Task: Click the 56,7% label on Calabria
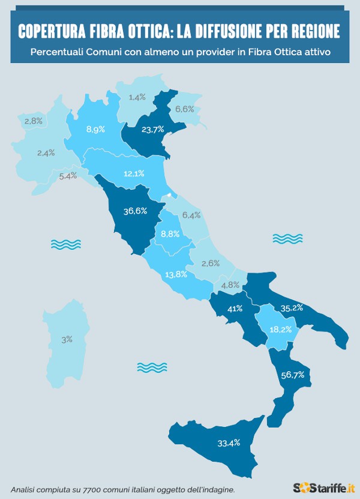[x=293, y=375]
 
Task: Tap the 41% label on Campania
[x=235, y=309]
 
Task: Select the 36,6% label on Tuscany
[x=136, y=211]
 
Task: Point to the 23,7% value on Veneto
[x=153, y=130]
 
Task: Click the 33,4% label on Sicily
[x=229, y=443]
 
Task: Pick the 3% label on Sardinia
[x=67, y=339]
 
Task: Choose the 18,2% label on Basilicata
[x=281, y=330]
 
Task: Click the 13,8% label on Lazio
[x=176, y=274]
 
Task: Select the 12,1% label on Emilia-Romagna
[x=133, y=174]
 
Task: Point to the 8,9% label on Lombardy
[x=96, y=129]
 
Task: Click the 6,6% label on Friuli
[x=184, y=109]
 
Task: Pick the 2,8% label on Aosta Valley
[x=33, y=121]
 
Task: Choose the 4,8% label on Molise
[x=231, y=285]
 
